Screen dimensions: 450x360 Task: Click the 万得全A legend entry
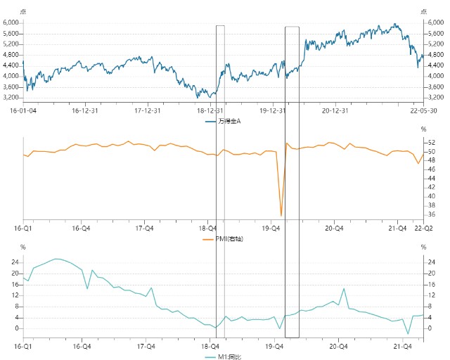[223, 122]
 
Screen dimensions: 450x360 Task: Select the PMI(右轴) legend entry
[223, 239]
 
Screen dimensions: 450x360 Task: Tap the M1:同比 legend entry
[224, 357]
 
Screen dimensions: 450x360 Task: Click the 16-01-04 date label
[23, 110]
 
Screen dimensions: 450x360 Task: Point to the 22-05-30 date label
[423, 110]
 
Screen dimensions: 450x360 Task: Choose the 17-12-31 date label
[148, 110]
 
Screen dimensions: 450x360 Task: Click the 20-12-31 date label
[335, 110]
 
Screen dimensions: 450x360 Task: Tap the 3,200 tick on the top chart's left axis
[11, 98]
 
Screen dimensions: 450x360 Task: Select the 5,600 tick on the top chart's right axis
[436, 33]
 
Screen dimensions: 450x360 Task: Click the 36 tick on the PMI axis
[431, 214]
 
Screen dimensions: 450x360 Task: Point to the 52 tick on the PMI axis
[431, 143]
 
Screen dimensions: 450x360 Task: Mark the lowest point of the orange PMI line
[281, 216]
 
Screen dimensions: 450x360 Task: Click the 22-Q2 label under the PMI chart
[423, 229]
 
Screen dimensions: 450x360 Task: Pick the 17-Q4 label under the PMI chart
[144, 229]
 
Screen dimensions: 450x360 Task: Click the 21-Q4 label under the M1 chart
[403, 347]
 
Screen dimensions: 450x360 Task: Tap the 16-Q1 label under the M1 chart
[23, 347]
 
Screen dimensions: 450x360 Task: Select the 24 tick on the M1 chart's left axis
[15, 262]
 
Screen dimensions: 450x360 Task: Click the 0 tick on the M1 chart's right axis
[430, 328]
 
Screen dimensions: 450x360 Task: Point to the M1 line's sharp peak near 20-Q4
[344, 289]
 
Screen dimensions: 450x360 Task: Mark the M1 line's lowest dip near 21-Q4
[408, 333]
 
